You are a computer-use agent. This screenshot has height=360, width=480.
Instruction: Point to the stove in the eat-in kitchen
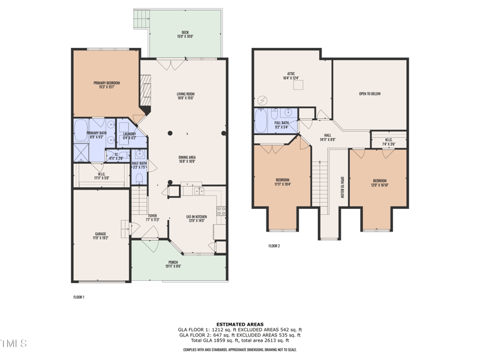tap(221, 211)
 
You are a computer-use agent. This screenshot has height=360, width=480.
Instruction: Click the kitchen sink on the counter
tap(199, 191)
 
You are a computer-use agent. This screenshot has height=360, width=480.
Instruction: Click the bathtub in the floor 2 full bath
tap(262, 122)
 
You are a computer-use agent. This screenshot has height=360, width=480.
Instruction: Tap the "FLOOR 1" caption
tap(79, 297)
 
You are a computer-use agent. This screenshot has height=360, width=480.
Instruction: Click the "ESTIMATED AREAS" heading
tap(239, 324)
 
